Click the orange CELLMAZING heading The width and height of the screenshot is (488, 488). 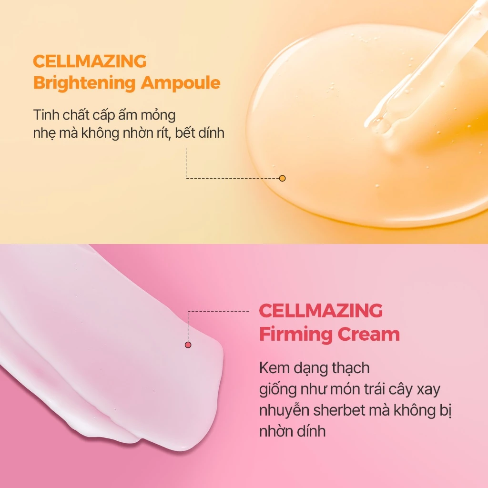point(90,61)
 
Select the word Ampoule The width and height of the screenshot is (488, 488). point(181,83)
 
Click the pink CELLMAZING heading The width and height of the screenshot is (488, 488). point(321,311)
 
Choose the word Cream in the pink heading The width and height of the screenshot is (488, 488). point(368,334)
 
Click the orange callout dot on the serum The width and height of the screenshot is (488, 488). point(282,178)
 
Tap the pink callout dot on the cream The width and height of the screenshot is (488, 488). point(188,345)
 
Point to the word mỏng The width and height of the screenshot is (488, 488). point(158,116)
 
